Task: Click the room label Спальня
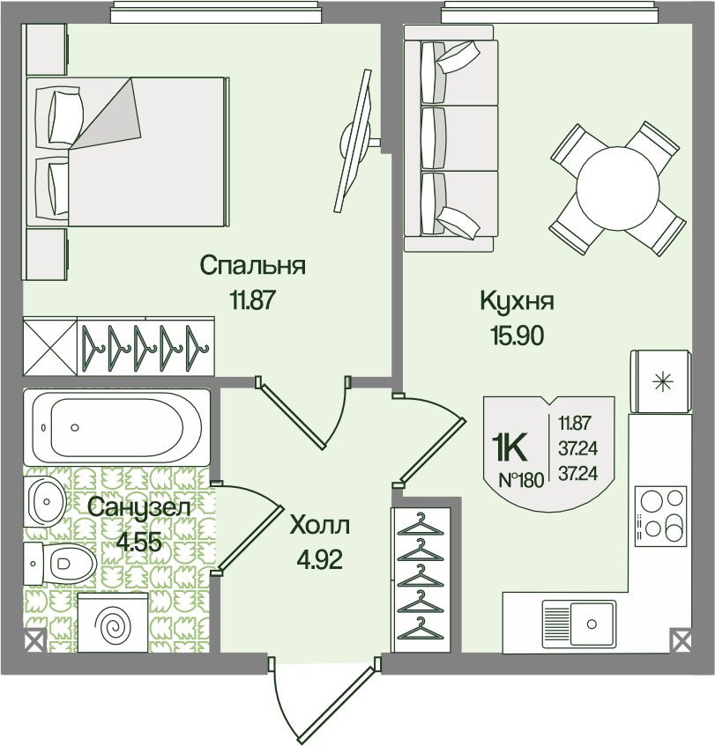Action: pyautogui.click(x=252, y=266)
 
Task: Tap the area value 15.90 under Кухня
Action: pyautogui.click(x=518, y=336)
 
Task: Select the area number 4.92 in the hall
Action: pyautogui.click(x=320, y=560)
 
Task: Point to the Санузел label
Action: pyautogui.click(x=139, y=508)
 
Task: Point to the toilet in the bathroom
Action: pyautogui.click(x=60, y=565)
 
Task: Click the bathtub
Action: pyautogui.click(x=116, y=427)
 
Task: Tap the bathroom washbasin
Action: pyautogui.click(x=45, y=501)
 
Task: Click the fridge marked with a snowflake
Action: pyautogui.click(x=660, y=381)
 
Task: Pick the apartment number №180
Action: pyautogui.click(x=521, y=480)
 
